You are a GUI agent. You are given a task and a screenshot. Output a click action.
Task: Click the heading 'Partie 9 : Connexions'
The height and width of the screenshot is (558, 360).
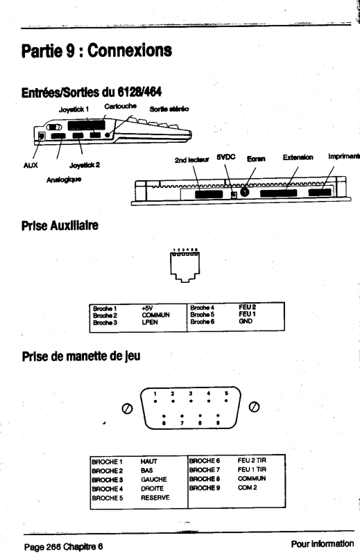[96, 51]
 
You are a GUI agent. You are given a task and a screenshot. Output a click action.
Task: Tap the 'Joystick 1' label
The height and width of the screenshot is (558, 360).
[74, 110]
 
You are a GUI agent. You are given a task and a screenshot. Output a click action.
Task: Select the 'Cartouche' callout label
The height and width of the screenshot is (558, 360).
[121, 106]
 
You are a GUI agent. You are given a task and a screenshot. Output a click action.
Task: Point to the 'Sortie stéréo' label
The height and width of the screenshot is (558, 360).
[169, 109]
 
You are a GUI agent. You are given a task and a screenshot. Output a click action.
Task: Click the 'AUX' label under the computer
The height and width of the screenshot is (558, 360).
[31, 165]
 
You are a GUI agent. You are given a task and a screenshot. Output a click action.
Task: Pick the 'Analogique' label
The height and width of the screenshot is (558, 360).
[64, 180]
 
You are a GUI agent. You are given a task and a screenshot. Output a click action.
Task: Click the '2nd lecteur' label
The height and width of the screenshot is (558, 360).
[191, 160]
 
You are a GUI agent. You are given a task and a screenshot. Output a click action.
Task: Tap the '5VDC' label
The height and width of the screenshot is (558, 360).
[226, 157]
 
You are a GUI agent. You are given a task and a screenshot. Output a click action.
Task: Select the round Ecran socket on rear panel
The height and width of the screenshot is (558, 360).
[245, 192]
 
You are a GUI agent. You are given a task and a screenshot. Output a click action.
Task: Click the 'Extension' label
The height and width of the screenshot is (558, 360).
[298, 157]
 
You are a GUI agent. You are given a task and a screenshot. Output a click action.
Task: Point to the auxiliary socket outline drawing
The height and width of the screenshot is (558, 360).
[185, 267]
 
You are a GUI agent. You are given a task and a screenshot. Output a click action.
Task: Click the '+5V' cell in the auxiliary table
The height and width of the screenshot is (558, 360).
[147, 308]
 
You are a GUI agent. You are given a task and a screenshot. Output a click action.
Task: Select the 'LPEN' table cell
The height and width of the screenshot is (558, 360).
[150, 322]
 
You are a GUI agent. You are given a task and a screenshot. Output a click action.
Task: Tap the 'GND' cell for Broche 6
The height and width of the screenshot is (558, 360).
[246, 321]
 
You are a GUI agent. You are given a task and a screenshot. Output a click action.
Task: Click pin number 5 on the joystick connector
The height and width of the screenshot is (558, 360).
[226, 394]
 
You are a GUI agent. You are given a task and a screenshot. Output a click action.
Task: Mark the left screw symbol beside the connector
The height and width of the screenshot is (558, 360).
[128, 408]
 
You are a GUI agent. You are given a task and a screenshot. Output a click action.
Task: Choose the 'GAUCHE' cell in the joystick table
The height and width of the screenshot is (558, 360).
[153, 480]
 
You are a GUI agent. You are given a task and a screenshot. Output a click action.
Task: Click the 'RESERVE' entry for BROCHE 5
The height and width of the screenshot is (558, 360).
[155, 498]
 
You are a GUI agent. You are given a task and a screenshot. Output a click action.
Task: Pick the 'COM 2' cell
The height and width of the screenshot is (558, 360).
[247, 487]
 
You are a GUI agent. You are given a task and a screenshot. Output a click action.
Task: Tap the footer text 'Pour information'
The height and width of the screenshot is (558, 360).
[323, 543]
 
